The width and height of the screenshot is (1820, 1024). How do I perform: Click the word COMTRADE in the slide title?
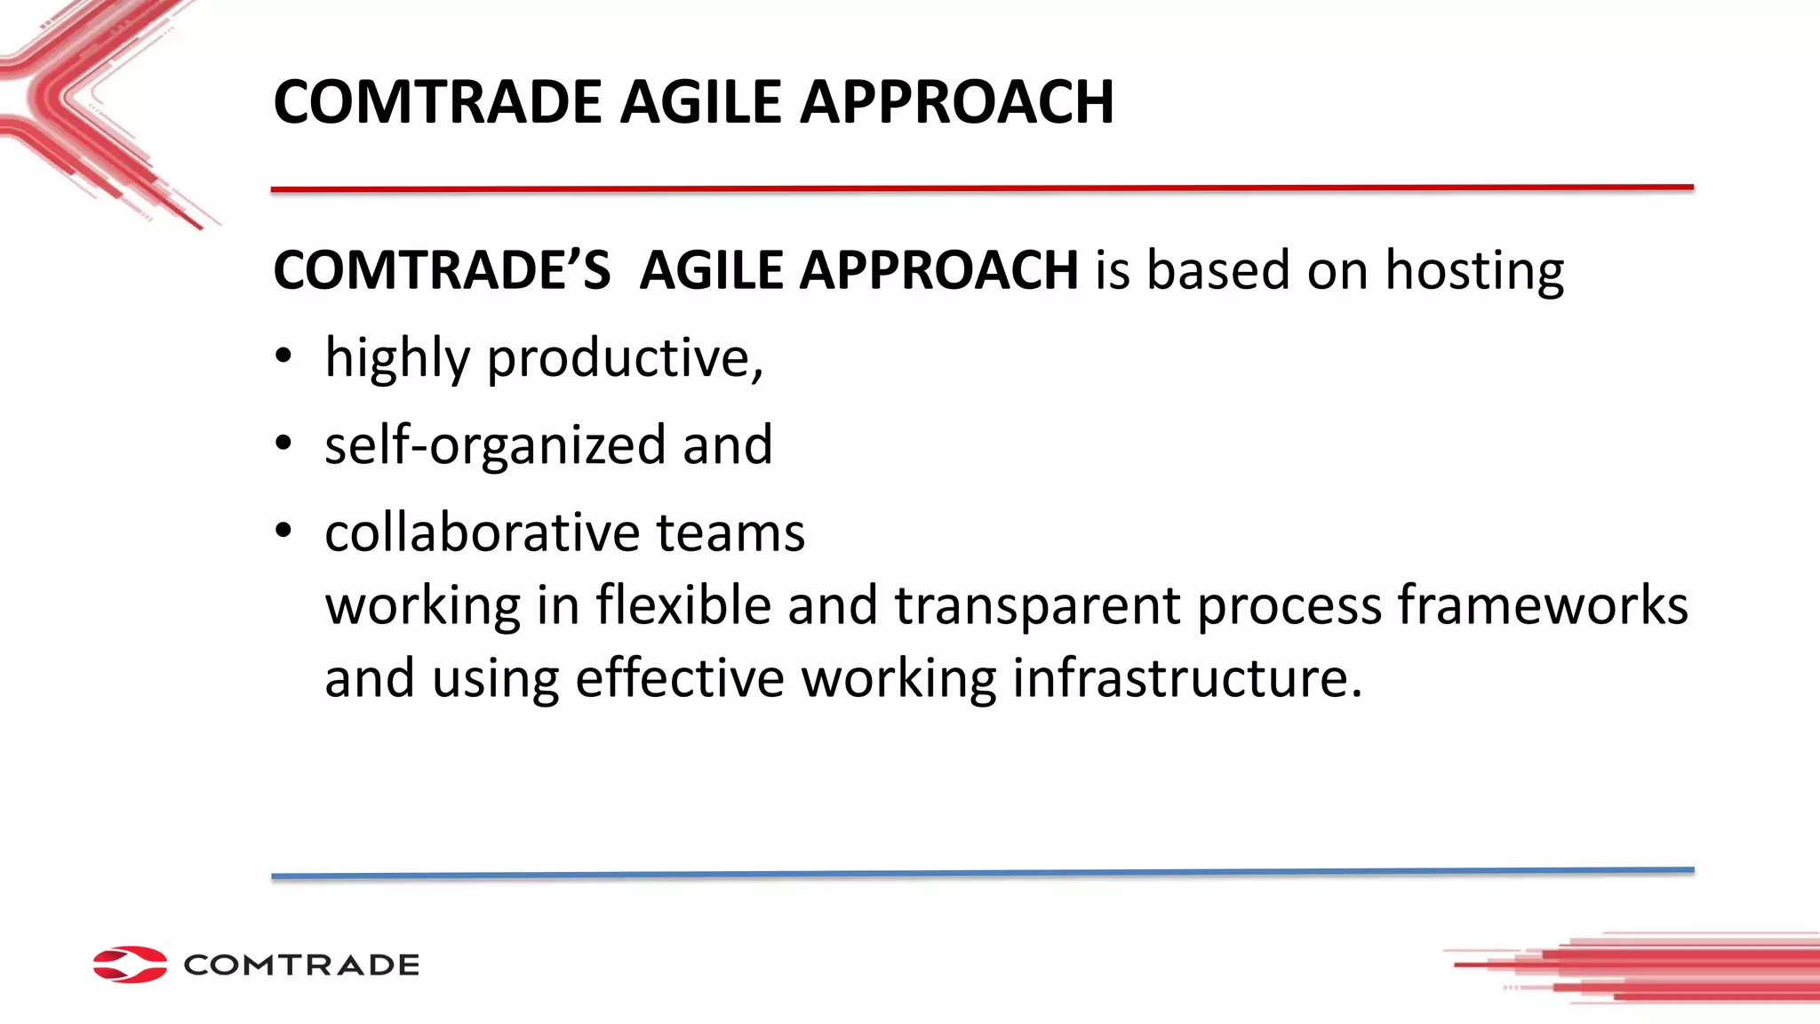(438, 101)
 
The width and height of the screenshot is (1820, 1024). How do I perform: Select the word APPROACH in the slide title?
(956, 101)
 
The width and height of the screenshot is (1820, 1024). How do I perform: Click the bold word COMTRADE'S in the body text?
(442, 270)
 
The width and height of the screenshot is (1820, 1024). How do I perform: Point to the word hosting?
(1474, 270)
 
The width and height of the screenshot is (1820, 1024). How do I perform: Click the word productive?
(625, 358)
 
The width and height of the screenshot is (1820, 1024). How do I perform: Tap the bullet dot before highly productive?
(283, 356)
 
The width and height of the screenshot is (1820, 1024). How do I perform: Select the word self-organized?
(494, 444)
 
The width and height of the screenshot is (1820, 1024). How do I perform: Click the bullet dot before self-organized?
(283, 443)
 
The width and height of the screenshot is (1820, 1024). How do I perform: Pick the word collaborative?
(482, 532)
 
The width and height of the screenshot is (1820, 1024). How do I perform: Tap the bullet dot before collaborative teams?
(283, 531)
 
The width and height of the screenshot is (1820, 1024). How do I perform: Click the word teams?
(730, 532)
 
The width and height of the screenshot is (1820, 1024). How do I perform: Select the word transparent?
(1037, 605)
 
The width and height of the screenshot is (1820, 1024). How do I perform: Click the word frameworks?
(1542, 605)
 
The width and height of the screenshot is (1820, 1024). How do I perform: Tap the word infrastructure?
(1186, 678)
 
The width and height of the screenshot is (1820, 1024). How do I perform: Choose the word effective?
(680, 678)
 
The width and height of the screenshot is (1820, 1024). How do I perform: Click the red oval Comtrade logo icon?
(130, 964)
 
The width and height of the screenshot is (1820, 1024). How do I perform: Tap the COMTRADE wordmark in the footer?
(301, 965)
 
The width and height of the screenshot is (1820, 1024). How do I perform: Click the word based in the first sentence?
(1217, 270)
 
